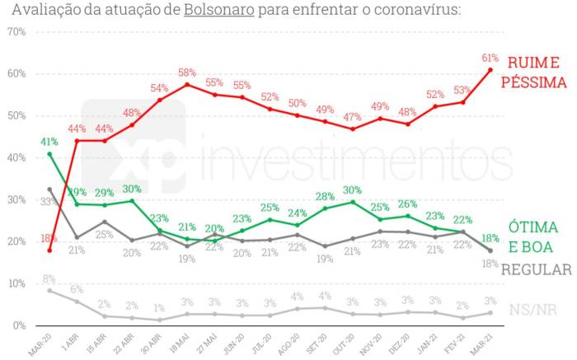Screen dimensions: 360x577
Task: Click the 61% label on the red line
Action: [x=490, y=58]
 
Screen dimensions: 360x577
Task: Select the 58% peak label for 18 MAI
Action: [x=186, y=72]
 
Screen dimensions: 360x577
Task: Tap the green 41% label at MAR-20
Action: [x=49, y=142]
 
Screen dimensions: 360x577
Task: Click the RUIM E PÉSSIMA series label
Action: [x=534, y=72]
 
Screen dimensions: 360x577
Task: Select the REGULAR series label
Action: [x=536, y=270]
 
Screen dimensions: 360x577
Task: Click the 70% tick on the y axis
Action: [x=16, y=31]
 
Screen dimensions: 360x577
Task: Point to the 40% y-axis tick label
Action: [x=16, y=157]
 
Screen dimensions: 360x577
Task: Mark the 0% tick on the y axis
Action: [x=19, y=325]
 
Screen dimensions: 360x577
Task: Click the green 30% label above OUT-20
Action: [x=353, y=190]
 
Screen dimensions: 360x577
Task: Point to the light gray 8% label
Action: [x=49, y=279]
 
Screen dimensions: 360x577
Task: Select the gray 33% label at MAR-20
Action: [x=49, y=202]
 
